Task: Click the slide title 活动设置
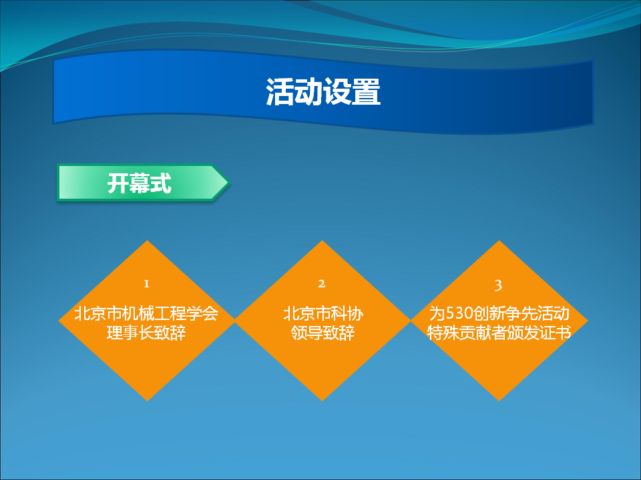[x=323, y=91]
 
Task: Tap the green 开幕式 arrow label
[x=143, y=183]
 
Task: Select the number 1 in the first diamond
[x=146, y=284]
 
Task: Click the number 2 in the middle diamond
[x=322, y=284]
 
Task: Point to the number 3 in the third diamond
[x=498, y=285]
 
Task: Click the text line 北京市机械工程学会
[x=146, y=313]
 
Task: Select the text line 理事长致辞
[x=146, y=332]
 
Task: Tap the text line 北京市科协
[x=323, y=313]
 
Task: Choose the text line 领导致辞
[x=323, y=332]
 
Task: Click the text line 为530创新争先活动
[x=499, y=313]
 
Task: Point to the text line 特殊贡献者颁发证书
[x=499, y=332]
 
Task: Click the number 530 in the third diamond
[x=459, y=313]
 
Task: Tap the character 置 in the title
[x=367, y=91]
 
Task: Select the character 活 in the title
[x=280, y=91]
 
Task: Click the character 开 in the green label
[x=118, y=183]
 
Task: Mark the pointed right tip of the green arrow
[x=229, y=183]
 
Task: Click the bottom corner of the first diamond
[x=147, y=401]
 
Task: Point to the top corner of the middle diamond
[x=322, y=241]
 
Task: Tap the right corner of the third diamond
[x=588, y=321]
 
